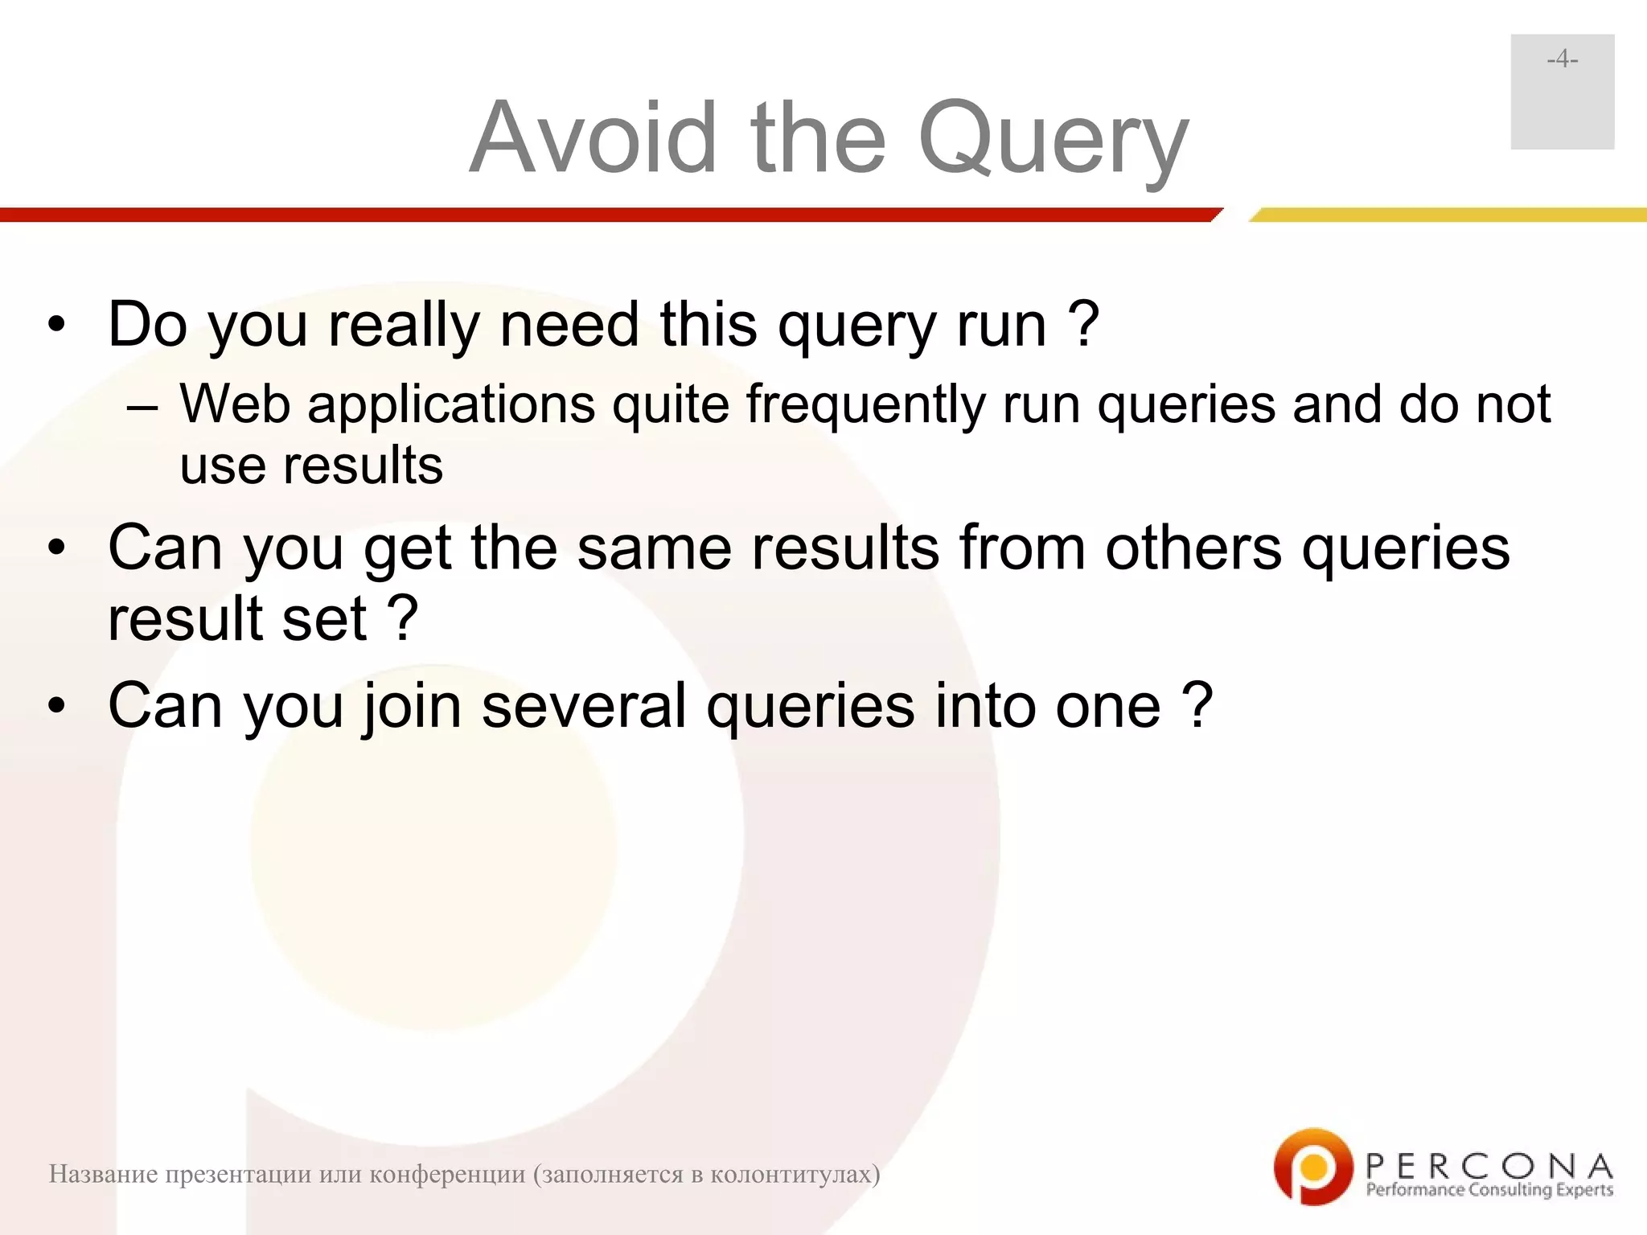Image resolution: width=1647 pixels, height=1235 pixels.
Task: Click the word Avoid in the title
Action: point(593,137)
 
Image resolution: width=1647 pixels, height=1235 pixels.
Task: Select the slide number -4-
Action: point(1562,60)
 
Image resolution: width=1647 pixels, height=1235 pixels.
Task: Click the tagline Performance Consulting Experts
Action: point(1489,1190)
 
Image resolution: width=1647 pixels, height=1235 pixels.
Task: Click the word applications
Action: point(451,404)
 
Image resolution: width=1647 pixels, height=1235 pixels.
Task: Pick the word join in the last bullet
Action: point(413,707)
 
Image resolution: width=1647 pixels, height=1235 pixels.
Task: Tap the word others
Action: point(1193,548)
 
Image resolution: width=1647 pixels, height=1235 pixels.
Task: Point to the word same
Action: point(653,548)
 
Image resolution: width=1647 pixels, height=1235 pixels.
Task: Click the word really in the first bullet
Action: point(405,326)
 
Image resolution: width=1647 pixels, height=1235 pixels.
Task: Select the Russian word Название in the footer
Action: point(102,1174)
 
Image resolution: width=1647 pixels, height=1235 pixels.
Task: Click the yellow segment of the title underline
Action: point(1448,215)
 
